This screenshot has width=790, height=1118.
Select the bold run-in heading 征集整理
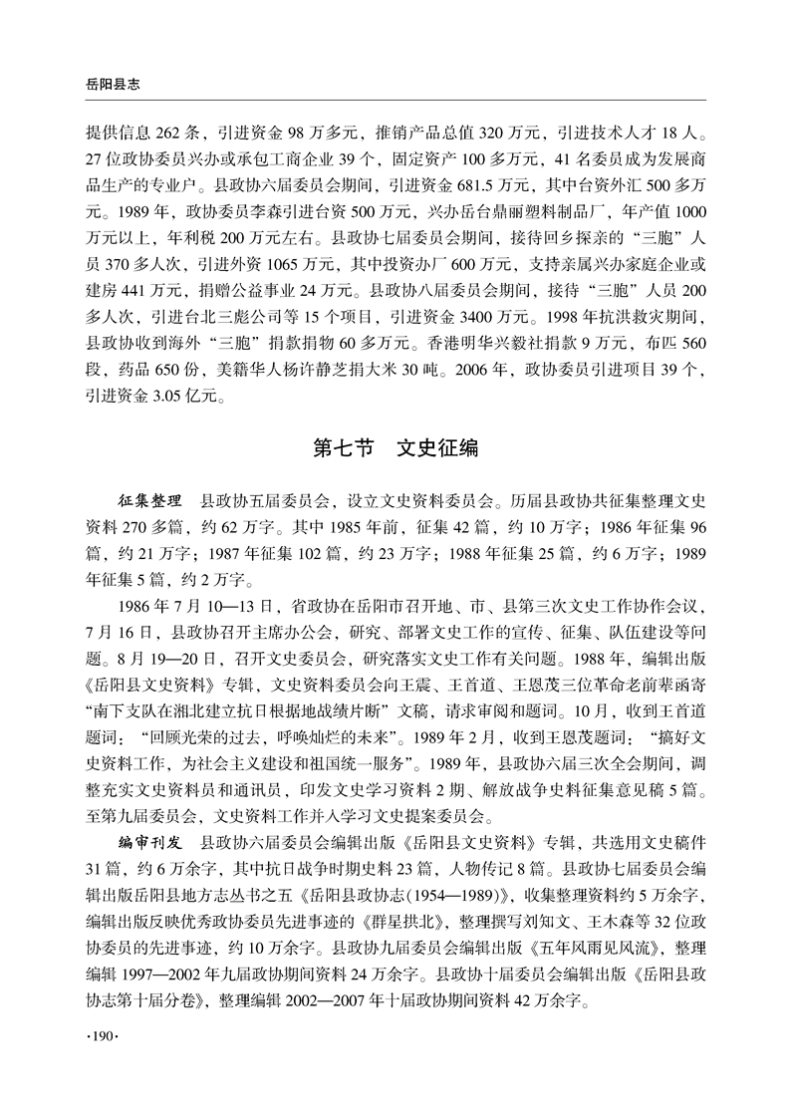click(149, 495)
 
